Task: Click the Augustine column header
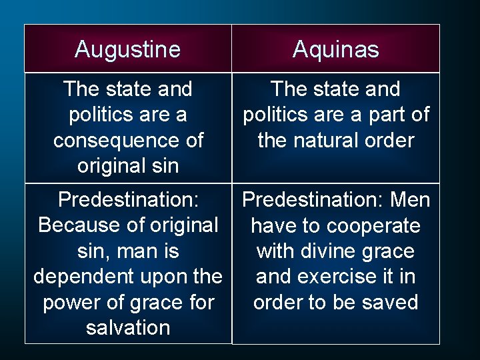(x=127, y=49)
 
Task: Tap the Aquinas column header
(x=335, y=49)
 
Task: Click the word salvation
(x=128, y=327)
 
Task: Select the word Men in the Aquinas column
(x=409, y=200)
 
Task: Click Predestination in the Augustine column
(x=129, y=200)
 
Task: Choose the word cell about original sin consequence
(x=128, y=127)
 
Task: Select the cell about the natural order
(x=335, y=127)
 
